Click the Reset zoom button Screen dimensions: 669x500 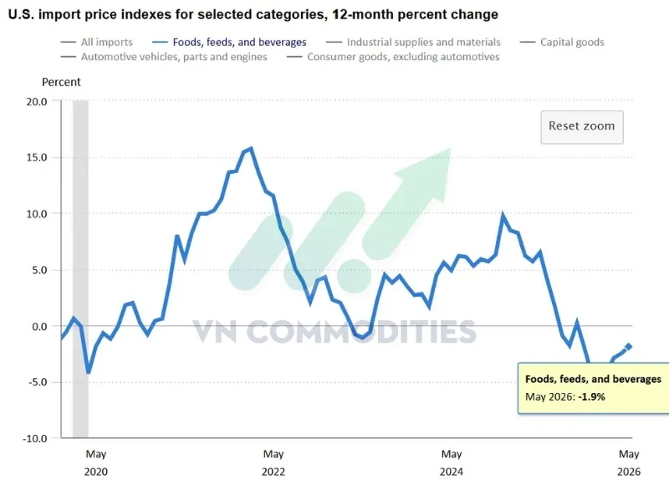(582, 127)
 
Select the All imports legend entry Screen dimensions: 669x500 (97, 43)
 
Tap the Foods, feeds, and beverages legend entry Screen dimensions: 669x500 (229, 43)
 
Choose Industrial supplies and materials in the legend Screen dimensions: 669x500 (413, 43)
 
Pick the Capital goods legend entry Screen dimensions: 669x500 (562, 43)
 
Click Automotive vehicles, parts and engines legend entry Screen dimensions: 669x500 (164, 57)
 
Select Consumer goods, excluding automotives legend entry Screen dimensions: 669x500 (393, 57)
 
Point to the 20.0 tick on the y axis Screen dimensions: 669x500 (37, 101)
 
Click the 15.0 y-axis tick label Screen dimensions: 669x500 (37, 157)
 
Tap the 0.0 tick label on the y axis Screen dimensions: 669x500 (39, 326)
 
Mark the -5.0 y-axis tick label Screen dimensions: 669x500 (38, 382)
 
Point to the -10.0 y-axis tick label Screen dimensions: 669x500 (35, 438)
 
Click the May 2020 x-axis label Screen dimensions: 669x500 (96, 462)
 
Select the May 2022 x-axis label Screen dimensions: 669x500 (273, 462)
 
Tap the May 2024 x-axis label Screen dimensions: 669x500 (452, 462)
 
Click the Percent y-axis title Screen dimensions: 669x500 (61, 82)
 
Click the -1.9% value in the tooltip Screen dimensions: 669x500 (592, 397)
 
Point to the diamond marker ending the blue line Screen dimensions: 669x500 (629, 347)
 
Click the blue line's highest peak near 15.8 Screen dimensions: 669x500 (252, 149)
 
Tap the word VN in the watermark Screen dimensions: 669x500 (215, 331)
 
